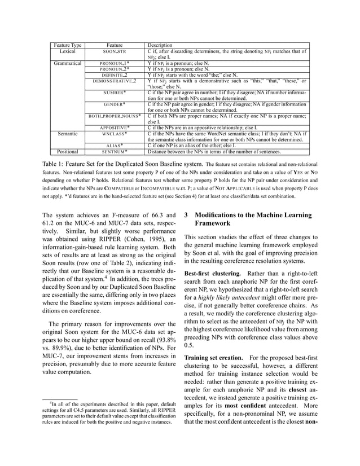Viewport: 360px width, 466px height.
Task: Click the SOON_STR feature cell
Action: pyautogui.click(x=115, y=51)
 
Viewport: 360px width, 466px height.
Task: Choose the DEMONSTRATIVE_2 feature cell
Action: pyautogui.click(x=115, y=81)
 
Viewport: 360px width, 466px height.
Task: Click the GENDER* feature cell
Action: pyautogui.click(x=115, y=104)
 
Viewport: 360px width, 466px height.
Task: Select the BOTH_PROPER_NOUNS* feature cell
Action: pyautogui.click(x=115, y=116)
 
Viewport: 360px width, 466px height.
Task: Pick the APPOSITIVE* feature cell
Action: pyautogui.click(x=115, y=128)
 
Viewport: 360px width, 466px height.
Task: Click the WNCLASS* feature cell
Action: pyautogui.click(x=115, y=134)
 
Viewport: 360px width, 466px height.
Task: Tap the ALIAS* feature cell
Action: pyautogui.click(x=115, y=146)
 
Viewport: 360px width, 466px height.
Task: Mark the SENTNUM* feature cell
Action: pyautogui.click(x=115, y=152)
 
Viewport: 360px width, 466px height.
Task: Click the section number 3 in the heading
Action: pyautogui.click(x=187, y=216)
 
